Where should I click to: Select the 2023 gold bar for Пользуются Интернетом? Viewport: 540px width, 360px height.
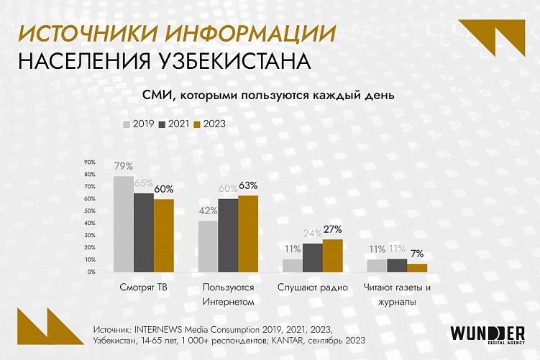point(248,234)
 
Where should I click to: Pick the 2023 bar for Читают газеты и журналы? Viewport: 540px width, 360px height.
point(417,268)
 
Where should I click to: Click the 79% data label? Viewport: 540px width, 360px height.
point(123,166)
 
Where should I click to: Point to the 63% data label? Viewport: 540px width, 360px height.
point(248,185)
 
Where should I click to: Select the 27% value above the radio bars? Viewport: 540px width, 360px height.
point(332,229)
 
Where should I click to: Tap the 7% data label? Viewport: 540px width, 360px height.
point(417,254)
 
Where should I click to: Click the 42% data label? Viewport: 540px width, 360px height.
point(208,211)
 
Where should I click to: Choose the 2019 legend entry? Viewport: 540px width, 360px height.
point(139,124)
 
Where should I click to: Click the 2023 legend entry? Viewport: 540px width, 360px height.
point(210,124)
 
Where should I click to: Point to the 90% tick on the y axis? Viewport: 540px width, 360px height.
point(90,162)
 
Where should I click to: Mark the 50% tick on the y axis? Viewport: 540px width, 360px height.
point(90,211)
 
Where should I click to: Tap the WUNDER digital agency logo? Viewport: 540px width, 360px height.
point(487,336)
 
